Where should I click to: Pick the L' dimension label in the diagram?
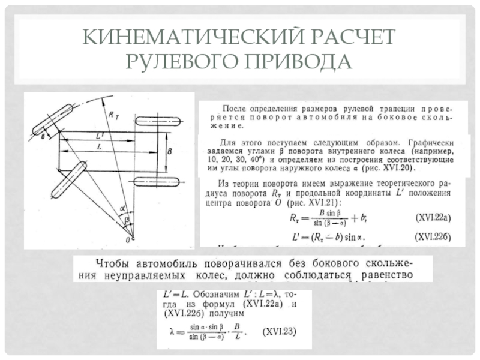[x=98, y=137]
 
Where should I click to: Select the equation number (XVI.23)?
[x=282, y=331]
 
